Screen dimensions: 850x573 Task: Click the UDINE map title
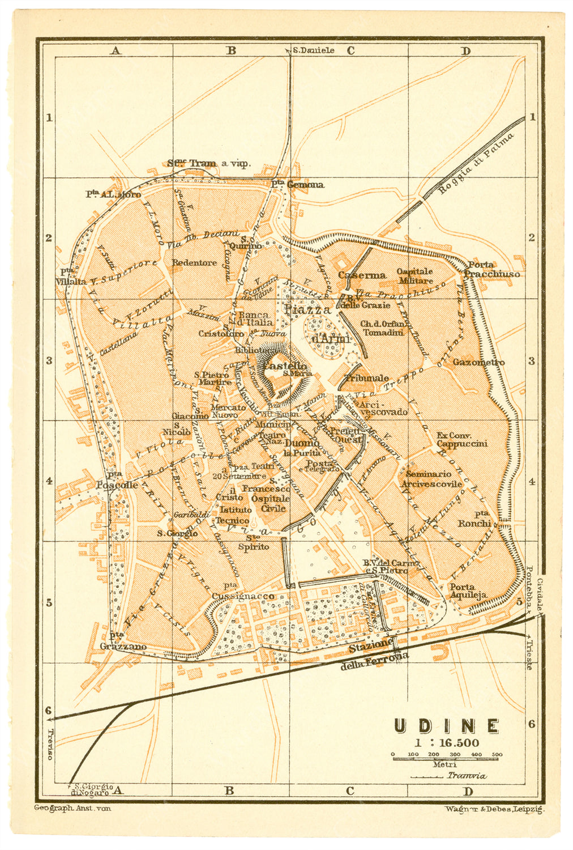click(x=447, y=726)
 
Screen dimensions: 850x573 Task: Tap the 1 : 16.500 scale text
click(x=446, y=743)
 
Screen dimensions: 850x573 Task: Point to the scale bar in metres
click(x=446, y=755)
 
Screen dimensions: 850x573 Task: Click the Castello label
click(x=285, y=367)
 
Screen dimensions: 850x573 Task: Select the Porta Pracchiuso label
click(x=491, y=269)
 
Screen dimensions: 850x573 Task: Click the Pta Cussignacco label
click(x=243, y=592)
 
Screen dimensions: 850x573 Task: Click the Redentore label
click(x=194, y=263)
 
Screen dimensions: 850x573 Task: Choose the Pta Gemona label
click(x=297, y=184)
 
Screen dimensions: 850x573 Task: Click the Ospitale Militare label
click(x=414, y=276)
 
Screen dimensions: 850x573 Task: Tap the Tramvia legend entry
click(x=466, y=776)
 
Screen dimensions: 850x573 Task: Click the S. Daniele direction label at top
click(x=313, y=50)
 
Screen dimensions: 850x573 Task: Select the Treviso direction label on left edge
click(x=49, y=743)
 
